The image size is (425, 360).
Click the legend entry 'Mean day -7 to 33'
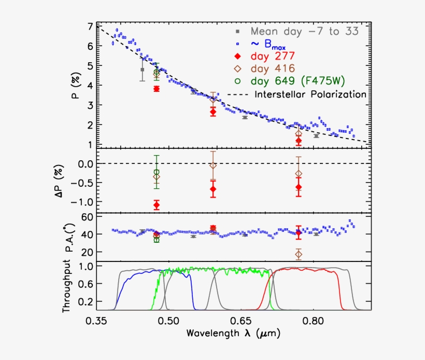[304, 31]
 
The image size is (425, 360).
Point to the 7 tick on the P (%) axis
[91, 26]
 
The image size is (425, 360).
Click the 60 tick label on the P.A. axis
[88, 217]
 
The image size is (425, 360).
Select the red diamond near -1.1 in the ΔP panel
[157, 205]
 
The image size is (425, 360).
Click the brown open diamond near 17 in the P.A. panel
[298, 254]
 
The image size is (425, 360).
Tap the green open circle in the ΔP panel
[157, 172]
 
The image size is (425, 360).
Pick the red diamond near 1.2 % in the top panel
[298, 141]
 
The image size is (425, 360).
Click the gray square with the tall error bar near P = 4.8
[143, 70]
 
